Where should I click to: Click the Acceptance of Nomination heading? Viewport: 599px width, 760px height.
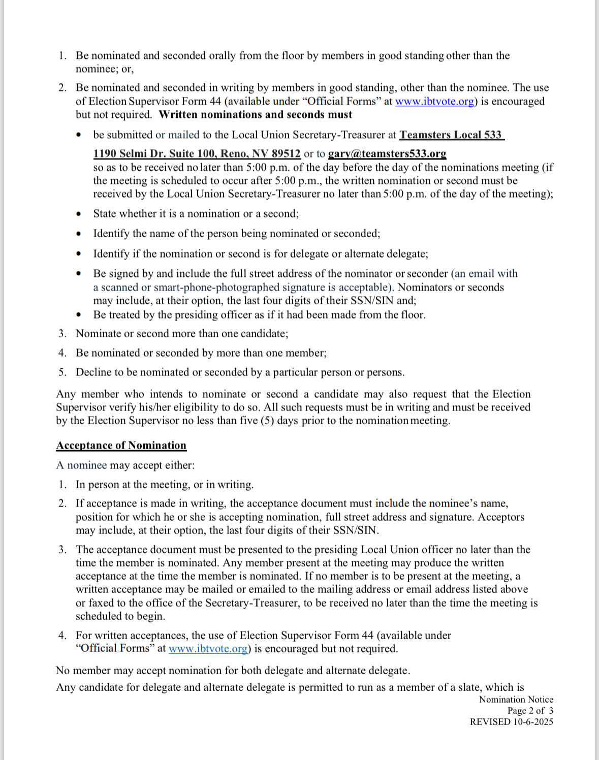(121, 446)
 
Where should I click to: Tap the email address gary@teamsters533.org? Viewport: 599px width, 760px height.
(387, 153)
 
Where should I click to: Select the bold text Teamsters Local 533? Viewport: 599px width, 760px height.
(451, 135)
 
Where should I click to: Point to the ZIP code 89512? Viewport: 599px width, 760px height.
(286, 153)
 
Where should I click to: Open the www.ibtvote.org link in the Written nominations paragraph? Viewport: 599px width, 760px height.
(434, 101)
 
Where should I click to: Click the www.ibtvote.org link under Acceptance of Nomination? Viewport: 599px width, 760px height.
(208, 649)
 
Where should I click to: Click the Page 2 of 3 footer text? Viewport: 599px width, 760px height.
(530, 711)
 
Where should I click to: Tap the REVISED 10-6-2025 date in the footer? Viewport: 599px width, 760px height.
(511, 722)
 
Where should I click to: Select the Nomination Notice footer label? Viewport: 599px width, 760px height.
(516, 700)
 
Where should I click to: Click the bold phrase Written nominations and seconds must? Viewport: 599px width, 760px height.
(255, 114)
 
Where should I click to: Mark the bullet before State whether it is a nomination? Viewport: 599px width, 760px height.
(78, 214)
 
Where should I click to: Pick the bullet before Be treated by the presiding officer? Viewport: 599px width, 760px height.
(78, 315)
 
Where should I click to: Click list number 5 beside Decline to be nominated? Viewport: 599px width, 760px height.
(62, 372)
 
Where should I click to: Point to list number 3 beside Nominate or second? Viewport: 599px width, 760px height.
(62, 334)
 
